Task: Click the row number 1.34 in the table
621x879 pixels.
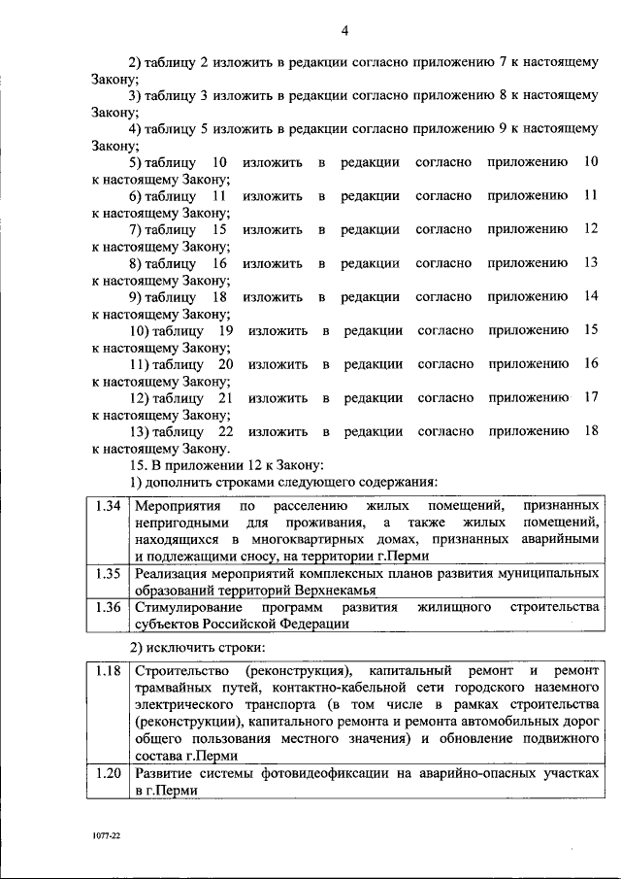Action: [x=107, y=505]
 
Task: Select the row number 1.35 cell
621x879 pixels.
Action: [x=107, y=574]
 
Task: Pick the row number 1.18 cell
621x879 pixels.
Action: [x=107, y=671]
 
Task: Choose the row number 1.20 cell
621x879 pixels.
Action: [x=107, y=773]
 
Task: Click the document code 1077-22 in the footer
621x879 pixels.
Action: [x=107, y=834]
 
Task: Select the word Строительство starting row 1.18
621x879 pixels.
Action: [x=181, y=671]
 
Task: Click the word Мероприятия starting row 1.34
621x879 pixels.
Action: [x=176, y=505]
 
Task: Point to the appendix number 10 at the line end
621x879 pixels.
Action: [x=590, y=162]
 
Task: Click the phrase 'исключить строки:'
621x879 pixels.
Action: [x=216, y=647]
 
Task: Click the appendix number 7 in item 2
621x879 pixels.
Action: [x=504, y=61]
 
